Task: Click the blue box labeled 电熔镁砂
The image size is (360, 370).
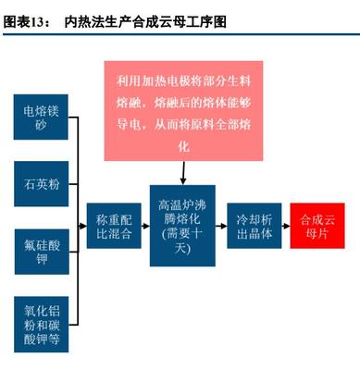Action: pyautogui.click(x=41, y=118)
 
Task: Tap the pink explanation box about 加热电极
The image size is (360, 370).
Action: pyautogui.click(x=182, y=108)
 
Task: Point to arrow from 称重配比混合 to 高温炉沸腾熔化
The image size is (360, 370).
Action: pyautogui.click(x=145, y=222)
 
